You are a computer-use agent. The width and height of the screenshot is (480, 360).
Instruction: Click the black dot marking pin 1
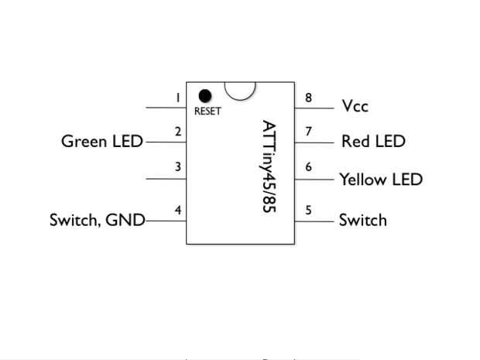click(x=205, y=96)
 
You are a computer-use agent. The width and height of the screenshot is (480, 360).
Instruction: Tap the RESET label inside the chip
click(x=207, y=111)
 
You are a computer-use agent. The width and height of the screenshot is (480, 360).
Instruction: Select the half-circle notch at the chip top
click(x=240, y=95)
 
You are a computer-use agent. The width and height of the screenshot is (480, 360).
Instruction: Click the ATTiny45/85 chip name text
click(x=269, y=166)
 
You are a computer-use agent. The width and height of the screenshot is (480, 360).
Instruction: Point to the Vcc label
click(x=355, y=106)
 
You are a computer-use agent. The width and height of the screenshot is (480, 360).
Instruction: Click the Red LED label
click(x=373, y=141)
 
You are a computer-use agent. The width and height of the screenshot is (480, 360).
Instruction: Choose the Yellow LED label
click(x=381, y=179)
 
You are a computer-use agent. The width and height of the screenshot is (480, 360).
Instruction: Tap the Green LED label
click(x=102, y=142)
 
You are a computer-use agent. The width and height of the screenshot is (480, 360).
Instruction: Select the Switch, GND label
click(x=98, y=220)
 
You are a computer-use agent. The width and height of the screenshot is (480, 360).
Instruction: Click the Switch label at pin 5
click(x=363, y=220)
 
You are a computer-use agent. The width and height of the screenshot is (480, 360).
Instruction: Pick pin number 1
click(x=177, y=98)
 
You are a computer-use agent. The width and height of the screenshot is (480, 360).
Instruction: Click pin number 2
click(x=178, y=132)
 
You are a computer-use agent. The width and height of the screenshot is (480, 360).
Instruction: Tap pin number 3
click(x=178, y=166)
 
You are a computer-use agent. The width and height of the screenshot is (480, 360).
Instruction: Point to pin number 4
click(x=178, y=210)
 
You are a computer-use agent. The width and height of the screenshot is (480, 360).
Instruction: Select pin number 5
click(x=308, y=210)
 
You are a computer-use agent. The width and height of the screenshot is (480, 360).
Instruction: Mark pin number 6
click(x=308, y=166)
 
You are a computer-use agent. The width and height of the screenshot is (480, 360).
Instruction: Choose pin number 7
click(x=308, y=132)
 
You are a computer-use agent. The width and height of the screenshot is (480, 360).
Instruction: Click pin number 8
click(x=308, y=98)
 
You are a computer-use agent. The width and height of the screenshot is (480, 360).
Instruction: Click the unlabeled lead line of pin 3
click(x=166, y=179)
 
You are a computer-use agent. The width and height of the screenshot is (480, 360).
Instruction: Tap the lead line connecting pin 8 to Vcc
click(x=314, y=108)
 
